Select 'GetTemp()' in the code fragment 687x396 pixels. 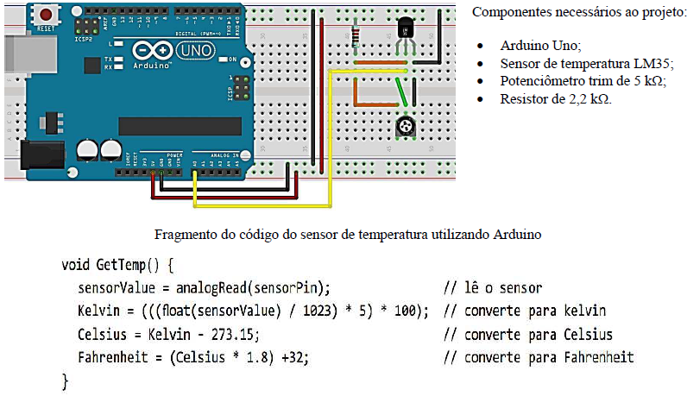tap(134, 263)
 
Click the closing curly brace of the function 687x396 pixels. tap(65, 380)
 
